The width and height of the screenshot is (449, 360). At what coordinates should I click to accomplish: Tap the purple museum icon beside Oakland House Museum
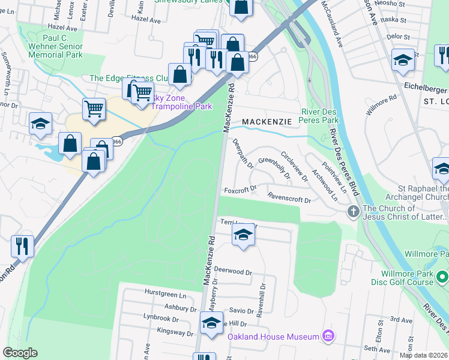click(328, 335)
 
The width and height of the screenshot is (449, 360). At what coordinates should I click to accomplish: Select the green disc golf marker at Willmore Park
click(442, 277)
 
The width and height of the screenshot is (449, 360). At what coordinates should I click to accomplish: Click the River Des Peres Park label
click(320, 116)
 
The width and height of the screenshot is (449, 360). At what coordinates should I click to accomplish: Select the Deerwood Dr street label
click(234, 272)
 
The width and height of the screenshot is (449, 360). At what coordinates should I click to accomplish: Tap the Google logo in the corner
click(20, 353)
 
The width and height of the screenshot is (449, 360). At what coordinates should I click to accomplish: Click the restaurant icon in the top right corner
click(443, 56)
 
